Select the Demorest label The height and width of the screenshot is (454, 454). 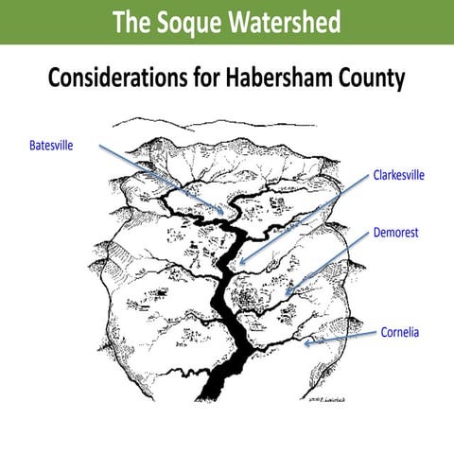(x=397, y=231)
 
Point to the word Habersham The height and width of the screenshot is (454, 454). (x=300, y=78)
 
